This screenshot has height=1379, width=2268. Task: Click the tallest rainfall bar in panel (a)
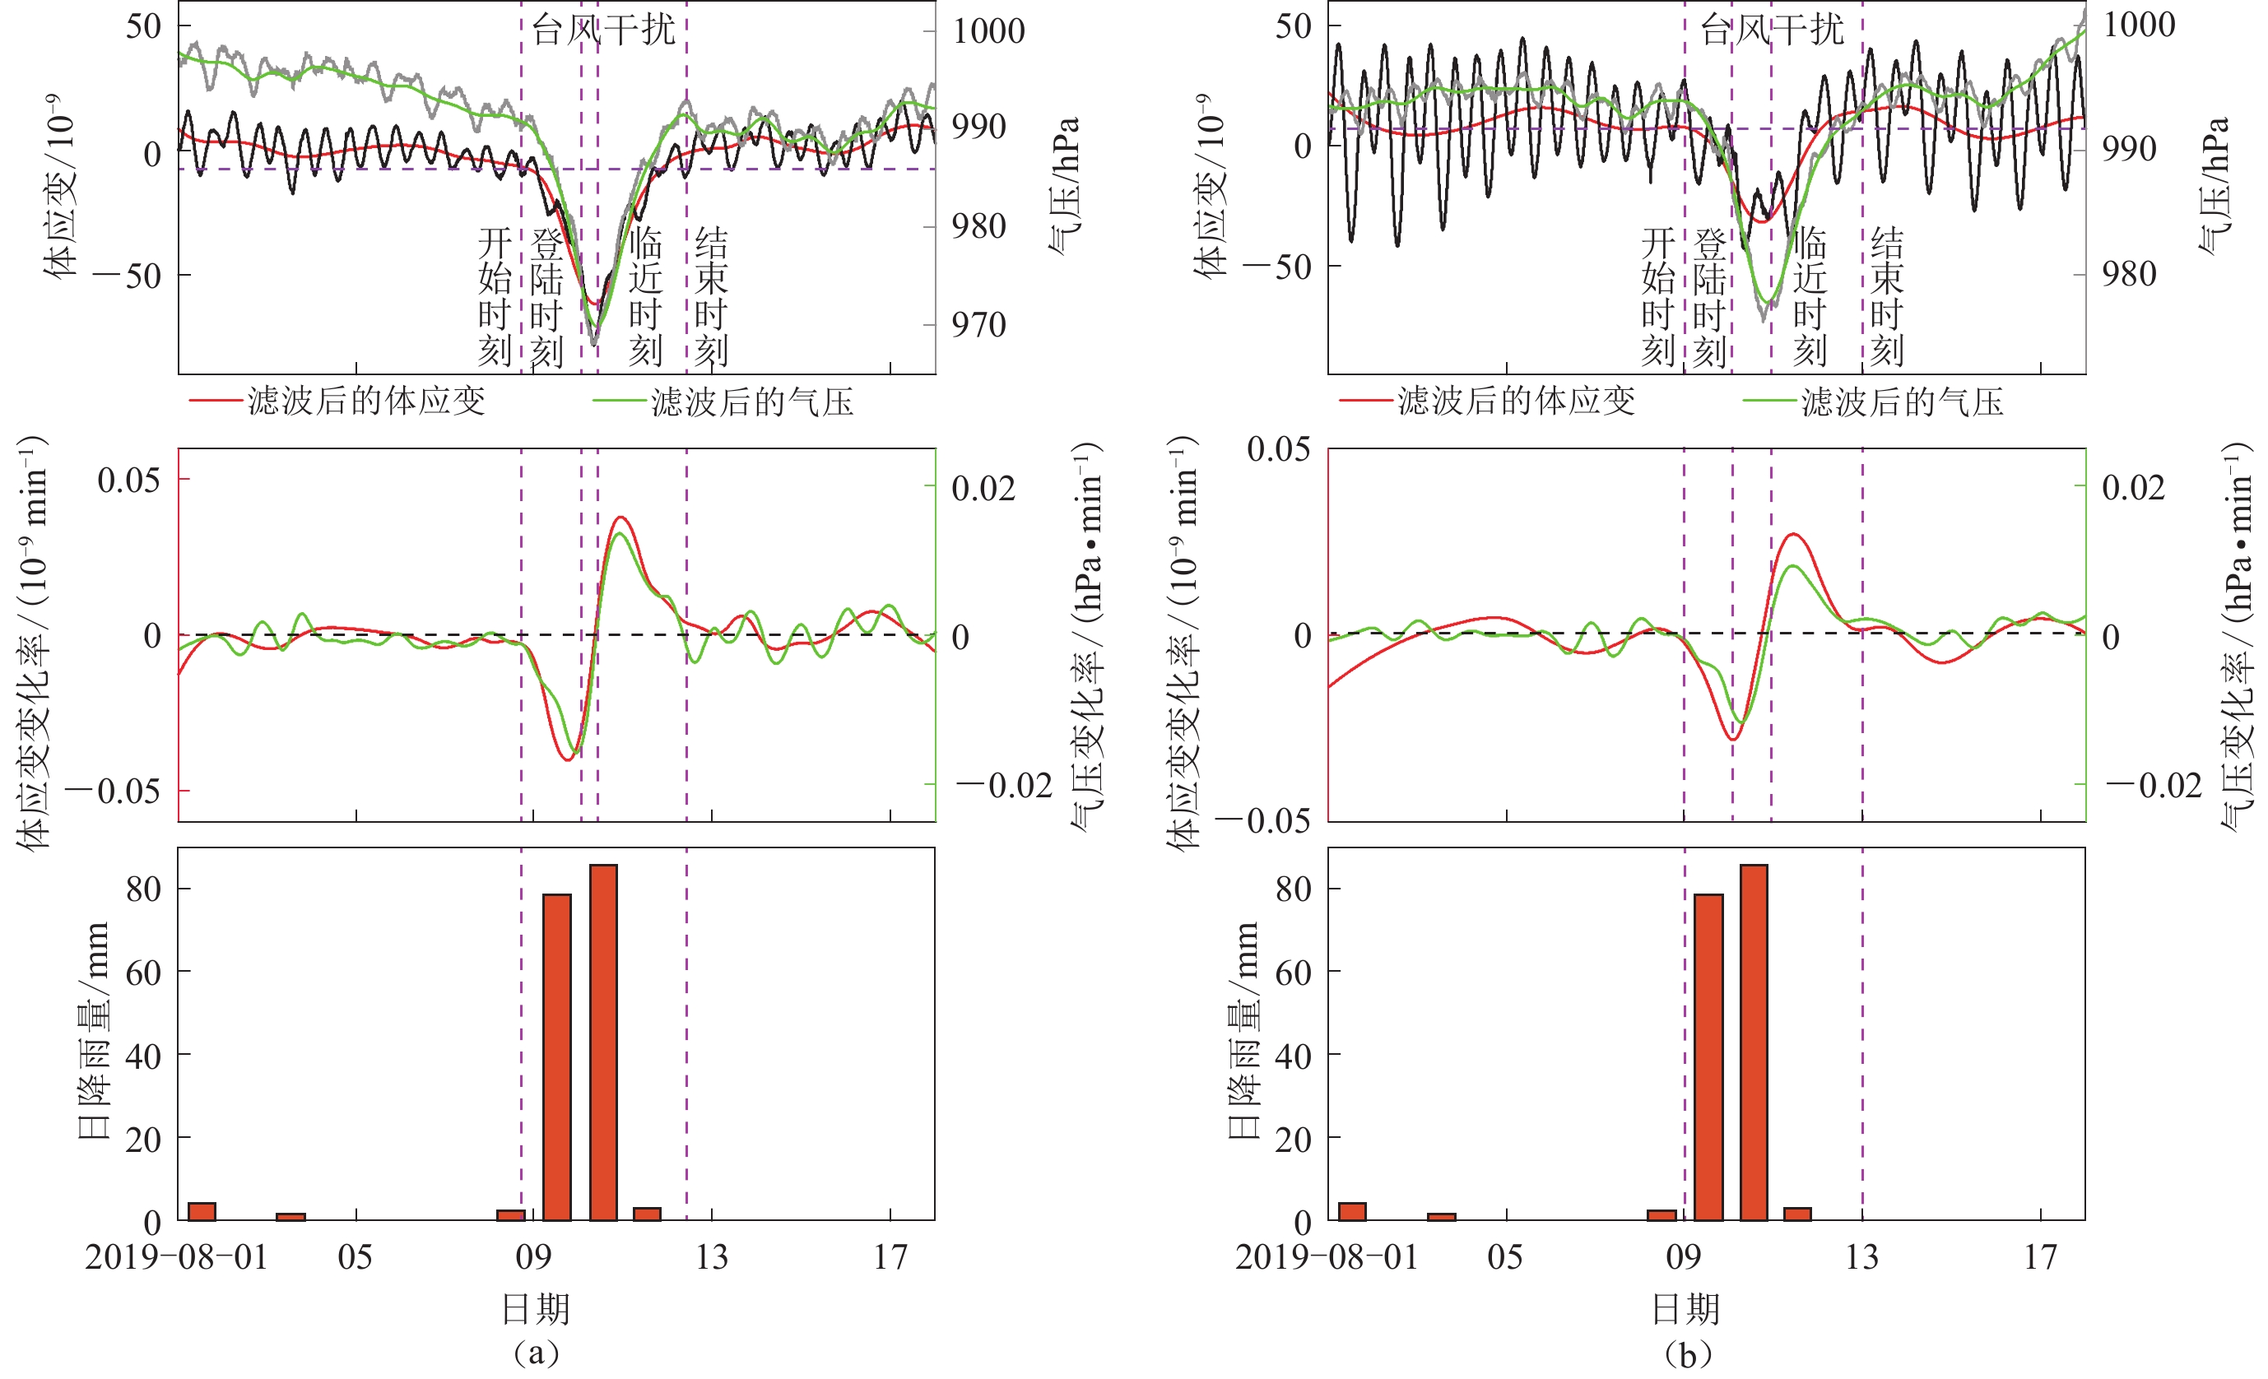(x=603, y=1042)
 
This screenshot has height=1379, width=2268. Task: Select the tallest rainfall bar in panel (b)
(x=1754, y=1042)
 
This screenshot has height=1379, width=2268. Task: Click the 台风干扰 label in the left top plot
(x=604, y=30)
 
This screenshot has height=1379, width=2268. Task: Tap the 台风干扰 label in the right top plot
(x=1772, y=30)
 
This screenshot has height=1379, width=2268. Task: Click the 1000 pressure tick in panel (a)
(x=988, y=31)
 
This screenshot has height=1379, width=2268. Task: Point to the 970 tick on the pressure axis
(x=978, y=325)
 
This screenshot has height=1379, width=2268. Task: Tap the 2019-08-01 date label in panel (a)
(x=176, y=1257)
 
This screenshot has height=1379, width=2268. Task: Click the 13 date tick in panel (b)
(x=1861, y=1257)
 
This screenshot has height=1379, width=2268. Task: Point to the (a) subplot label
(x=537, y=1353)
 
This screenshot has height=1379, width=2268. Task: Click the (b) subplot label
(x=1687, y=1353)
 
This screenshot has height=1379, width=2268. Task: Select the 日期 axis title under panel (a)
(x=536, y=1308)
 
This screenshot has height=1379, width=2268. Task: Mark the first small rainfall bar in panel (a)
(x=202, y=1211)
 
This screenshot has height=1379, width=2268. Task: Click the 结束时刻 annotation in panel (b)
(x=1886, y=296)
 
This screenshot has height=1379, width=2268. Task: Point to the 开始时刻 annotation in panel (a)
(x=495, y=296)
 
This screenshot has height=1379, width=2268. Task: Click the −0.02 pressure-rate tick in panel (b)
(x=2154, y=785)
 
